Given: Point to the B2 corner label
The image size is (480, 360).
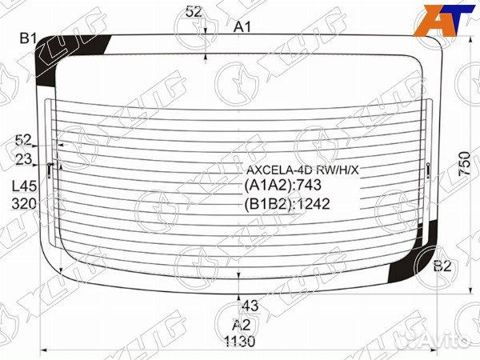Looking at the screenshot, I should [442, 266].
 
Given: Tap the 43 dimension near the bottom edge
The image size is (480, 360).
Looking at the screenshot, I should [250, 306].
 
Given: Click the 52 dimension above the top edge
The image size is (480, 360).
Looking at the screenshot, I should [194, 11].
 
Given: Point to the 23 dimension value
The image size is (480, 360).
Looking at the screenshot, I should [23, 158].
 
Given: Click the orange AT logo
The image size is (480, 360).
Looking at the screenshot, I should [441, 20].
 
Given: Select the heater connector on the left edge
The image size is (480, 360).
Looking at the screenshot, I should [51, 169].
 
